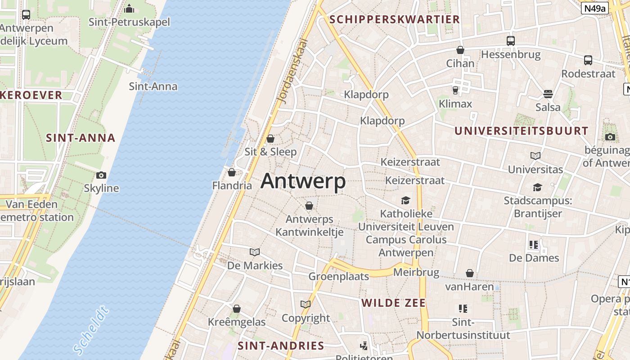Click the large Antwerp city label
(x=303, y=181)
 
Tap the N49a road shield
(x=594, y=8)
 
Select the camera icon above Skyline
(x=101, y=175)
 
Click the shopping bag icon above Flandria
(x=232, y=172)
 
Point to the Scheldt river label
(x=91, y=330)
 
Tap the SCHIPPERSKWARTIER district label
(x=395, y=19)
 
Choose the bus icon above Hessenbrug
(x=511, y=41)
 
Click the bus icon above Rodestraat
(x=588, y=60)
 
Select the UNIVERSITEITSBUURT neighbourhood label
(x=521, y=131)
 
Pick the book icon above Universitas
(x=535, y=156)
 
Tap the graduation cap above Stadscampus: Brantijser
(x=537, y=187)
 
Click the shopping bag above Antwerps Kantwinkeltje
(x=309, y=206)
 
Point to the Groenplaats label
(x=338, y=276)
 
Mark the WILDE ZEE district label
(x=393, y=303)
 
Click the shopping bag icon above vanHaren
(x=470, y=273)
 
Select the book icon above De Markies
(x=255, y=252)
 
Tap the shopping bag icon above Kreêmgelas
(x=237, y=309)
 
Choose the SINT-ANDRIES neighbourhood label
(x=281, y=346)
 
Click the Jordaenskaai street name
(x=292, y=71)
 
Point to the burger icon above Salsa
(x=548, y=94)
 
